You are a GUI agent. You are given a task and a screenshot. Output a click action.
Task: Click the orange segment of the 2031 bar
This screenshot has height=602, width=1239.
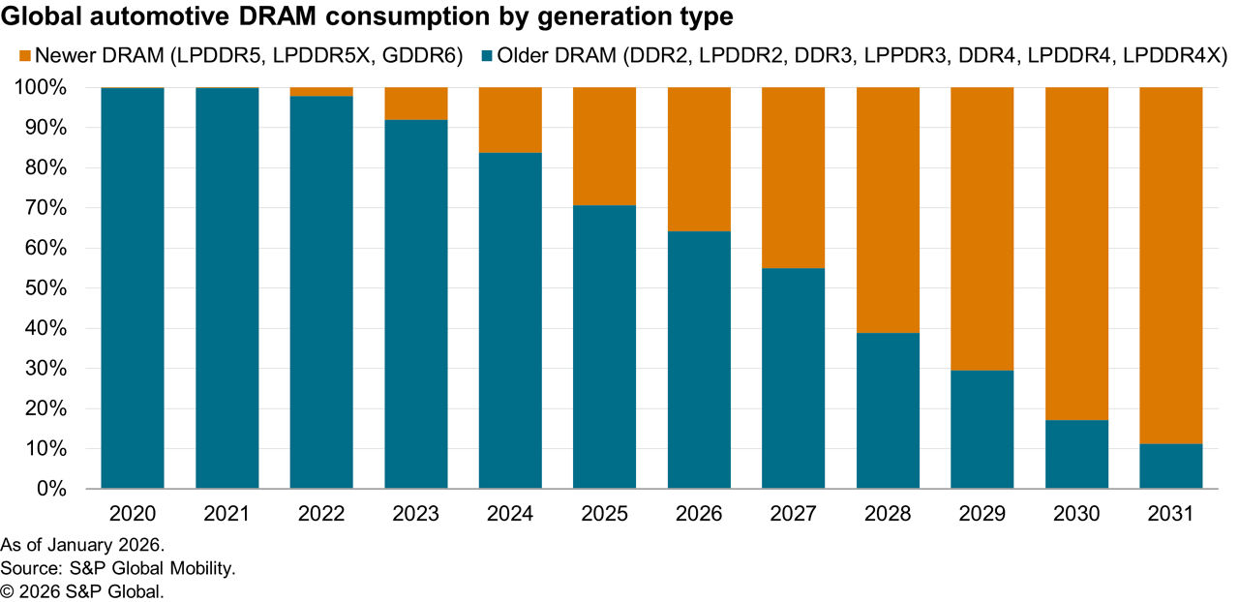tap(1170, 265)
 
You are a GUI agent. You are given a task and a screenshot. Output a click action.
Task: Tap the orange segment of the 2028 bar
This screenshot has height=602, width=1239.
tap(888, 210)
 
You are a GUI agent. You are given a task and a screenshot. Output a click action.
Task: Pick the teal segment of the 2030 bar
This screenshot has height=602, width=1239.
tap(1076, 454)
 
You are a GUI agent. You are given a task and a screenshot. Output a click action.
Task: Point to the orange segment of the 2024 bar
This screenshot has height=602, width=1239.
tap(510, 120)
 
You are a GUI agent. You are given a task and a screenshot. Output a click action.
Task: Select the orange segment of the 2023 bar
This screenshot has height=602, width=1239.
tap(415, 104)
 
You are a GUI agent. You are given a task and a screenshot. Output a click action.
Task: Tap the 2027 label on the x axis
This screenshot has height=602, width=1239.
tap(793, 514)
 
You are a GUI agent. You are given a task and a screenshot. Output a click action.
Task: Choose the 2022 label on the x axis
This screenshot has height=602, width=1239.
tap(321, 514)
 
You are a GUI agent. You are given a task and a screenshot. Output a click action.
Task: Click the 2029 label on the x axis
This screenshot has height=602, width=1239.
tap(982, 514)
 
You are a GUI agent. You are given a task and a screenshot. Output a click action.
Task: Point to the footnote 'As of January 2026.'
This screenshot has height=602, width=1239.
tap(82, 544)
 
